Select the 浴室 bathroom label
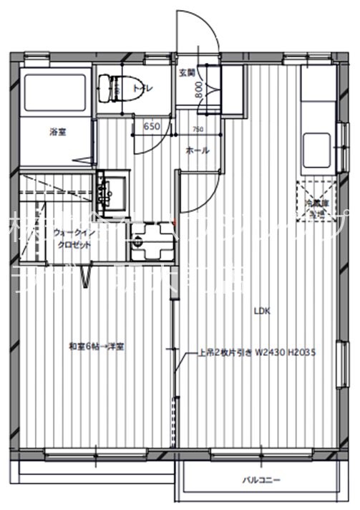pos(58,132)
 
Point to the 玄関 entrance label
pos(185,72)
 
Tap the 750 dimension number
pos(198,130)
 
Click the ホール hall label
pos(198,150)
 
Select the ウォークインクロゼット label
pos(72,239)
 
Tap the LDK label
pos(263,310)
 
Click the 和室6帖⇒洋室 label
pos(97,347)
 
